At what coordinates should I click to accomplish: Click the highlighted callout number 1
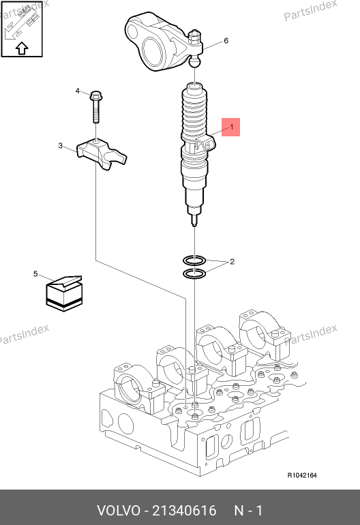pyautogui.click(x=231, y=127)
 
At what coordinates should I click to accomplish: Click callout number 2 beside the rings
pyautogui.click(x=232, y=262)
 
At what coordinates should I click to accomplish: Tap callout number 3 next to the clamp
pyautogui.click(x=60, y=146)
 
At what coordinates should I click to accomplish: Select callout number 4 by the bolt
pyautogui.click(x=78, y=91)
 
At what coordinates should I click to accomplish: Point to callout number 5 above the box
pyautogui.click(x=35, y=274)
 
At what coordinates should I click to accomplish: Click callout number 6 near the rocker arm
pyautogui.click(x=226, y=40)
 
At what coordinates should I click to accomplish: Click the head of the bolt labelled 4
pyautogui.click(x=96, y=95)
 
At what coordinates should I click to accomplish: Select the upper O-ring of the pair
pyautogui.click(x=194, y=260)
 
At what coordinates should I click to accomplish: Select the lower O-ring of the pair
pyautogui.click(x=194, y=273)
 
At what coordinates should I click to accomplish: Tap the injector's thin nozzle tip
pyautogui.click(x=194, y=220)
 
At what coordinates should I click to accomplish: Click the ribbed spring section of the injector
pyautogui.click(x=194, y=114)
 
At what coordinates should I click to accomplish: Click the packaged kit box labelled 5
pyautogui.click(x=64, y=293)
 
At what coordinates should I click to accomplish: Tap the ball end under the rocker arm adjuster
pyautogui.click(x=195, y=62)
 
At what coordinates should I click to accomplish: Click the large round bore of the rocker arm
pyautogui.click(x=153, y=51)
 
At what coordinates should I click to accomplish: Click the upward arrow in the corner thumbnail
pyautogui.click(x=22, y=48)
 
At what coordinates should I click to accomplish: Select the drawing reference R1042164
pyautogui.click(x=302, y=475)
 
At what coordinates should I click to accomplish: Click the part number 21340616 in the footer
pyautogui.click(x=185, y=511)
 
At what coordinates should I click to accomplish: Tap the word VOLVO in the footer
pyautogui.click(x=119, y=511)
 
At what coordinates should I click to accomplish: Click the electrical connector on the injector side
pyautogui.click(x=205, y=144)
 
